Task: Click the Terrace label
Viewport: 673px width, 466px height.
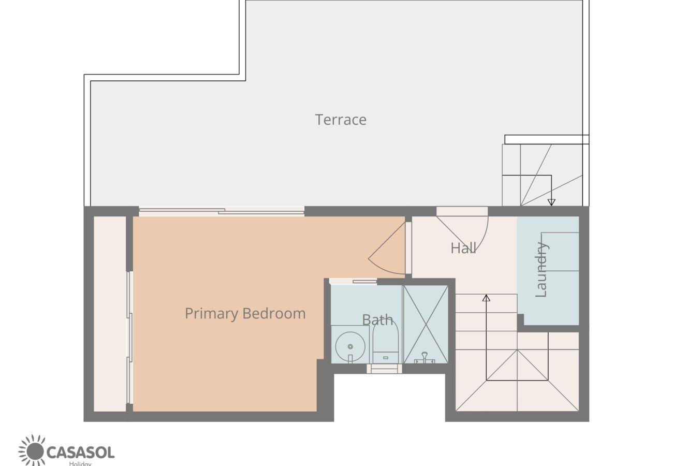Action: tap(341, 120)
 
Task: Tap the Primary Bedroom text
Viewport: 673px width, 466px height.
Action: tap(245, 313)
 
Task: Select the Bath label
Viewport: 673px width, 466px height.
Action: tap(377, 319)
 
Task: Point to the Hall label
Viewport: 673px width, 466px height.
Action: tap(463, 248)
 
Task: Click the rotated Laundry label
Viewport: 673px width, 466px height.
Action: tap(541, 269)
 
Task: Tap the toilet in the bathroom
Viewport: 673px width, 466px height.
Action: tap(385, 342)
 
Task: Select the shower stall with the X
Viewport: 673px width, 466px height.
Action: tap(426, 324)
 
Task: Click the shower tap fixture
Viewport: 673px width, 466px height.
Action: tap(425, 357)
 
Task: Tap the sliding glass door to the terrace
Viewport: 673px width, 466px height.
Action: tap(222, 211)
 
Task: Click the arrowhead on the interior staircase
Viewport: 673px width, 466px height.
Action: tap(486, 298)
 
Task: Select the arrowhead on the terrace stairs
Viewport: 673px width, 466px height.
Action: tap(551, 202)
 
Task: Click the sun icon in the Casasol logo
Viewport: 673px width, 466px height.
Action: tap(32, 450)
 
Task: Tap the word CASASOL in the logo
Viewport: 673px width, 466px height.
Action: tap(80, 452)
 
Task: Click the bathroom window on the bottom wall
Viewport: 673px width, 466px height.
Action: tap(384, 369)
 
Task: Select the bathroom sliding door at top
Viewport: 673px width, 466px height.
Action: tap(354, 282)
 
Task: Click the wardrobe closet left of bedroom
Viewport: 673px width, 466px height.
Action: tap(110, 313)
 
